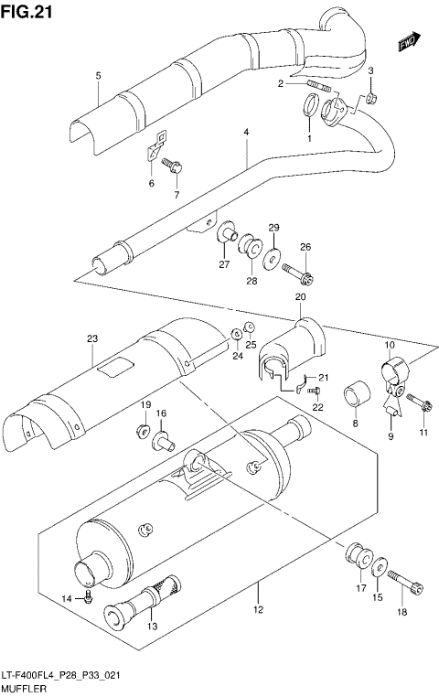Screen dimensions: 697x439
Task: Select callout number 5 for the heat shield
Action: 96,75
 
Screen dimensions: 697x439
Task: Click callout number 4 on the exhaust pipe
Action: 245,134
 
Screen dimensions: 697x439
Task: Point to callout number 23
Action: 91,339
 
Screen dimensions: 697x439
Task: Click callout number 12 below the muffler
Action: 258,609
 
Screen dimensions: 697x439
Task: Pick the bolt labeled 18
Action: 405,585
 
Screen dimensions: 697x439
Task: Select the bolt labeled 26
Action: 298,273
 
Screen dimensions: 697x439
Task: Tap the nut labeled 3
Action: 373,97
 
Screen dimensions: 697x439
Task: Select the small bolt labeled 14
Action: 87,597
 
